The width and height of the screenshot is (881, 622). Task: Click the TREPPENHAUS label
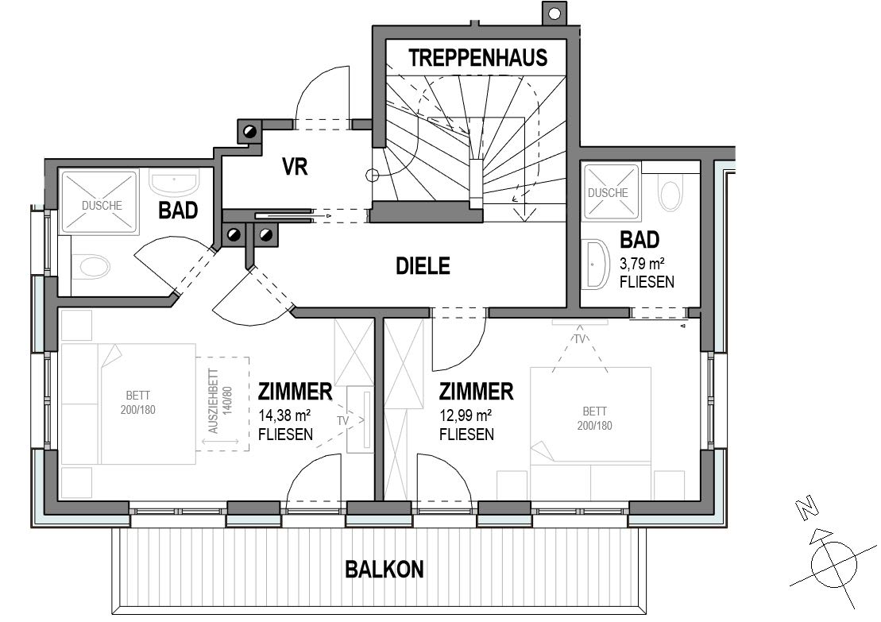point(478,57)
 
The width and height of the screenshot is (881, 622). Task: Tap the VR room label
point(295,167)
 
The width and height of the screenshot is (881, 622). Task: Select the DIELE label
point(423,266)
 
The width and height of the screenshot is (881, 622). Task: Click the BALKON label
point(384,569)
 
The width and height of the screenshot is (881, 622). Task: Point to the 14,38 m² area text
point(284,414)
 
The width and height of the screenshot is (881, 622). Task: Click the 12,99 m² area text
point(465,414)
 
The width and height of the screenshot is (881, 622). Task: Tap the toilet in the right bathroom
point(671,194)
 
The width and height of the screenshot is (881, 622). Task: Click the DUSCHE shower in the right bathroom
point(611,191)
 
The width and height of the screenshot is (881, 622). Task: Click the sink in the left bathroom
point(175,184)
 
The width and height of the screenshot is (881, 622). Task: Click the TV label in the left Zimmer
point(343,419)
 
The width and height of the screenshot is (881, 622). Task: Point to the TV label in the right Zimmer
point(580,338)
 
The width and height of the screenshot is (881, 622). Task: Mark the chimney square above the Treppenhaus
point(554,14)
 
